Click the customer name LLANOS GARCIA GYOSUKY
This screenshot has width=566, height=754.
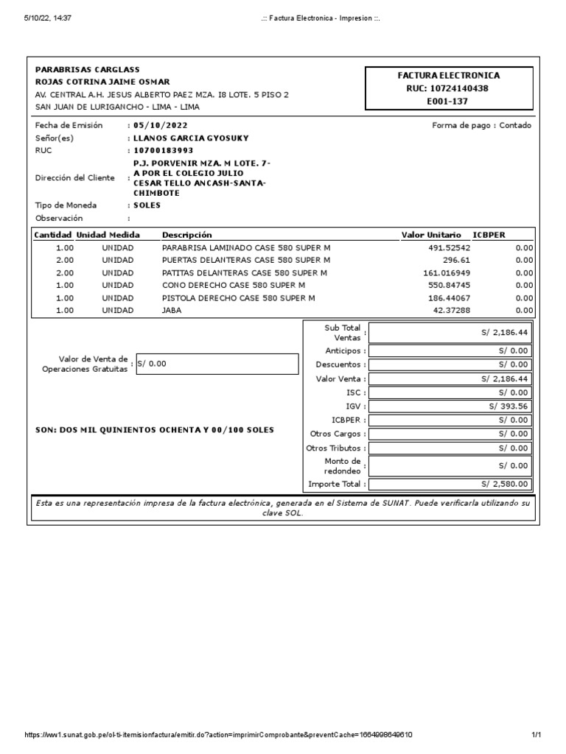pos(191,138)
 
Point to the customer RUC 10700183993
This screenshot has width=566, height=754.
pos(163,150)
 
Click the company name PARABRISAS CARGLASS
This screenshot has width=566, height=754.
pos(87,68)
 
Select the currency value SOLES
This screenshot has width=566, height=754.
pos(147,205)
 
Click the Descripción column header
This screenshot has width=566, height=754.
pos(186,235)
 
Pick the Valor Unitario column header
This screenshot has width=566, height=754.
pos(431,235)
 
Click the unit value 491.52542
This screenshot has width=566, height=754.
pos(449,248)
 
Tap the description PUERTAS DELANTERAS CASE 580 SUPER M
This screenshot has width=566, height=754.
pos(246,260)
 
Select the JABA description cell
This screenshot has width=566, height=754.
pos(171,311)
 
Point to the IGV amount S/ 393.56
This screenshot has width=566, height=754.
pos(509,406)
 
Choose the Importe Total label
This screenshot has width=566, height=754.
pos(335,484)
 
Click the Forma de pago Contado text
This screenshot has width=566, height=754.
pos(481,125)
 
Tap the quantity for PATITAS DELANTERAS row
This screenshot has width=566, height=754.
pos(65,272)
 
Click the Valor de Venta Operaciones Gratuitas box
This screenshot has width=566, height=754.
pos(217,364)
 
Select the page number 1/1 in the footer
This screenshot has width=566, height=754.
pos(537,735)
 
